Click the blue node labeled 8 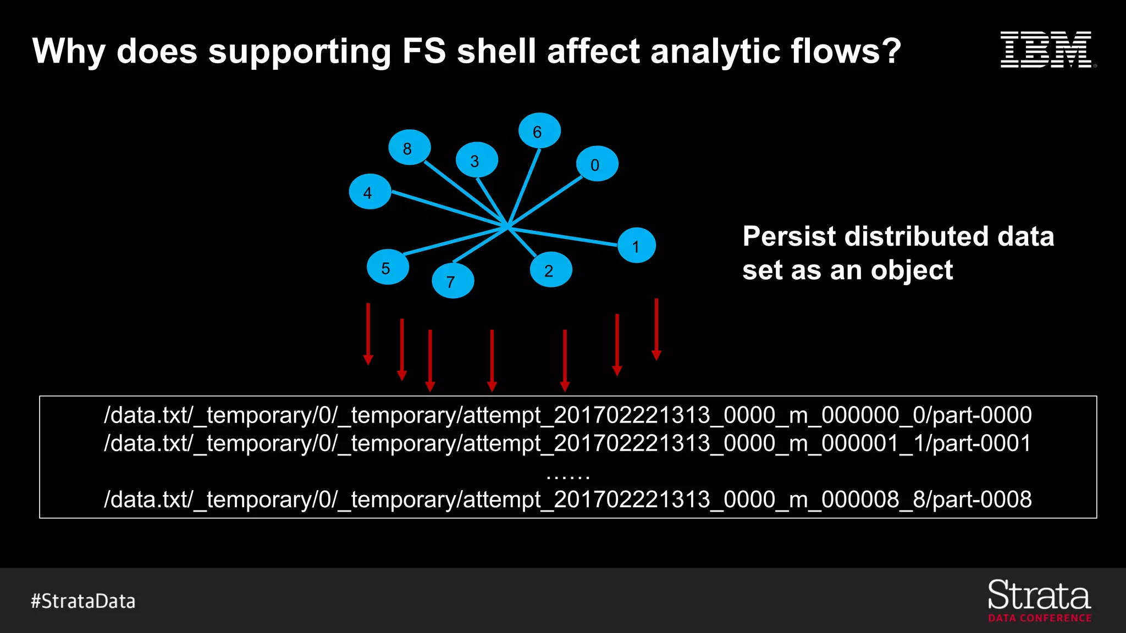tap(409, 147)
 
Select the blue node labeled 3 tap(477, 160)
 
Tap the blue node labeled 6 tap(539, 131)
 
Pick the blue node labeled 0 tap(597, 164)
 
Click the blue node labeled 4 tap(369, 192)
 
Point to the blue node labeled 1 tap(637, 246)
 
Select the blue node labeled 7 tap(452, 281)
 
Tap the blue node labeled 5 tap(388, 267)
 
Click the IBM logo tap(1047, 50)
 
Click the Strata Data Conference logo tap(1039, 601)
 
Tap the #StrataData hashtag tap(83, 601)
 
